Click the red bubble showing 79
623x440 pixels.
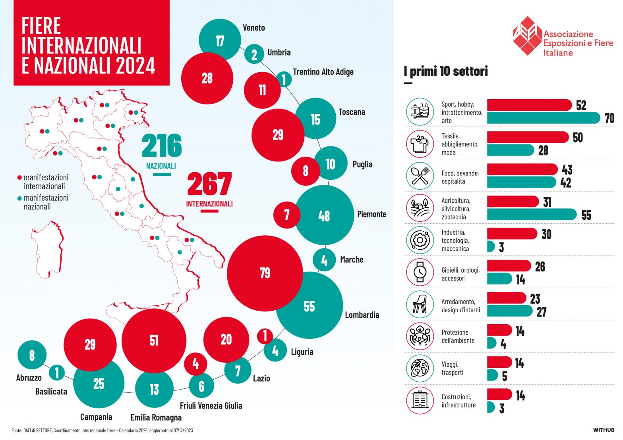(x=265, y=273)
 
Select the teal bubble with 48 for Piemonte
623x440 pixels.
(x=324, y=215)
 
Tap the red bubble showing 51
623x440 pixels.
(x=154, y=340)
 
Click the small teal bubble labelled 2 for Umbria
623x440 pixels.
(x=254, y=54)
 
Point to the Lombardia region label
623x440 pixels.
(x=362, y=315)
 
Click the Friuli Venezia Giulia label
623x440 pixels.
(x=211, y=405)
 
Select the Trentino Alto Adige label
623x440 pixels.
(x=323, y=72)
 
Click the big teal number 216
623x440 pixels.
(x=162, y=146)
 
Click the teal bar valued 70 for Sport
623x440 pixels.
(x=543, y=118)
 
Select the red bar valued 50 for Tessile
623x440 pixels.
(x=528, y=137)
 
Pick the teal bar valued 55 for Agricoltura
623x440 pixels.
(x=532, y=214)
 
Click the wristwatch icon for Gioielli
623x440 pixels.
(x=420, y=272)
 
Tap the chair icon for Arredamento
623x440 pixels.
(x=420, y=304)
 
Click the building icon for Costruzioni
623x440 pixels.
(x=420, y=400)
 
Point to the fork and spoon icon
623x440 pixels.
(x=420, y=176)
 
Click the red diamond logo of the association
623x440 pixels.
(x=527, y=36)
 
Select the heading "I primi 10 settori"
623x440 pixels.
(x=445, y=71)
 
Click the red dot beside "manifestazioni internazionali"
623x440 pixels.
(x=19, y=178)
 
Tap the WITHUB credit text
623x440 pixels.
(x=604, y=430)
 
